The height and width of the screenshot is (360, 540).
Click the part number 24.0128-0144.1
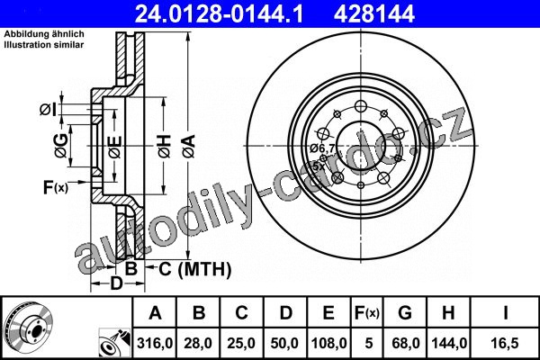pyautogui.click(x=219, y=13)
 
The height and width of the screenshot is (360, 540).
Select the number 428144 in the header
pyautogui.click(x=374, y=13)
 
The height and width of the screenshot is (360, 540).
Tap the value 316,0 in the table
pyautogui.click(x=155, y=343)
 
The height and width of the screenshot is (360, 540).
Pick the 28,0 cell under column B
pyautogui.click(x=198, y=343)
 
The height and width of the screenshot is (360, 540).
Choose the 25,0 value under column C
pyautogui.click(x=241, y=343)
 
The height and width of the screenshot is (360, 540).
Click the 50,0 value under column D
pyautogui.click(x=284, y=343)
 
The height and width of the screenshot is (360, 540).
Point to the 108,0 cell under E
pyautogui.click(x=328, y=343)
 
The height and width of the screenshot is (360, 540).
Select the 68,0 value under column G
pyautogui.click(x=405, y=343)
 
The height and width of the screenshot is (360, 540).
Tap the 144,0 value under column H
pyautogui.click(x=449, y=343)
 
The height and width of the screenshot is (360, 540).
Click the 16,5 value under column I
pyautogui.click(x=505, y=343)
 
